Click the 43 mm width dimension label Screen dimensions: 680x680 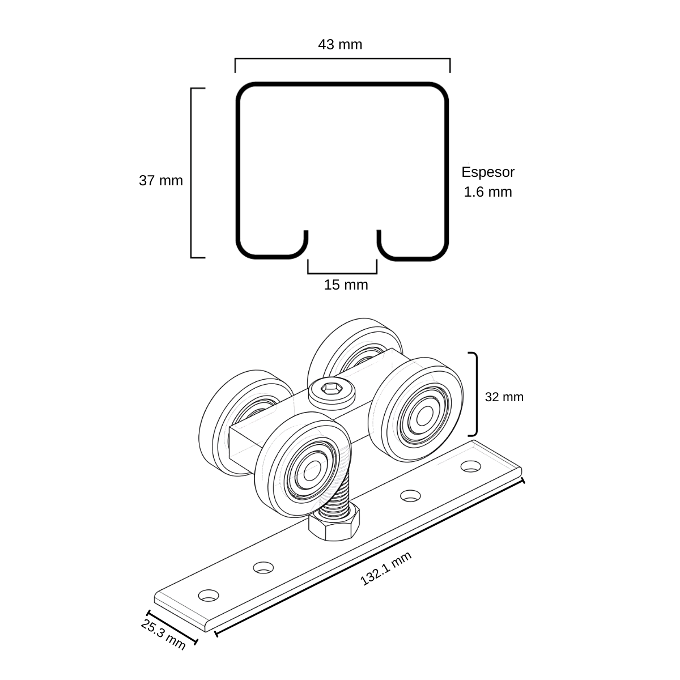click(340, 45)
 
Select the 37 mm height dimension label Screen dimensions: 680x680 click(161, 181)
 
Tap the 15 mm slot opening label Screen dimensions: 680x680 click(346, 285)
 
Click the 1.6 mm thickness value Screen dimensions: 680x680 click(488, 192)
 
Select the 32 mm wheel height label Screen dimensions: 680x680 click(504, 397)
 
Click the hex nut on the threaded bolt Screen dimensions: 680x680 click(334, 524)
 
